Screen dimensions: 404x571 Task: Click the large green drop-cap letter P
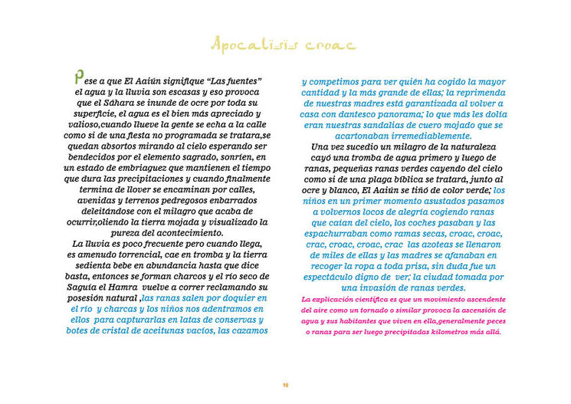(x=78, y=77)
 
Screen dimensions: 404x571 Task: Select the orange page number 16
(x=285, y=384)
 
